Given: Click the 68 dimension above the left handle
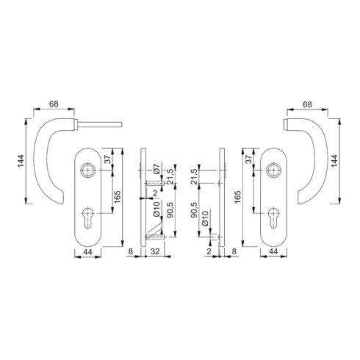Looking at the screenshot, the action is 54,104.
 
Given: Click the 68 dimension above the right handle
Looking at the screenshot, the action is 307,104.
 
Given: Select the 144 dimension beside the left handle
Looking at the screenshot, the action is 21,161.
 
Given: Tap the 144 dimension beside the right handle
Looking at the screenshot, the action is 334,161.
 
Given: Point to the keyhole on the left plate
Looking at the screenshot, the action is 87,217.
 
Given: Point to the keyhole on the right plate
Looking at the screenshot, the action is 273,217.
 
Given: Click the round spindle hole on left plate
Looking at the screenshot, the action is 87,170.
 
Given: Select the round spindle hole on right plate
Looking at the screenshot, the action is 273,170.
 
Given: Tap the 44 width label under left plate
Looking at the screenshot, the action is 87,251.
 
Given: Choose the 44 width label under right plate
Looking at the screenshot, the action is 273,251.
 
